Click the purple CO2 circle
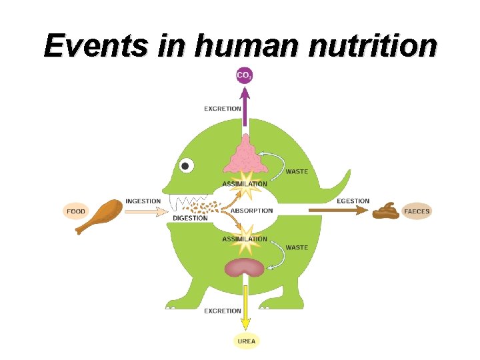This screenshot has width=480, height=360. tap(245, 75)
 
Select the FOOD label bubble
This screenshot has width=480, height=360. tap(76, 211)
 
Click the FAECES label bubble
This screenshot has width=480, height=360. tap(417, 211)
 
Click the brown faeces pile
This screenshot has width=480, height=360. tap(386, 211)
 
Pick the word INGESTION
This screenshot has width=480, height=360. tap(143, 201)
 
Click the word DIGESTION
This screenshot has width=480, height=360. tap(190, 218)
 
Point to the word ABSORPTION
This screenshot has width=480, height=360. tap(252, 211)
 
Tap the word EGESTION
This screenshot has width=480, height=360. tap(353, 201)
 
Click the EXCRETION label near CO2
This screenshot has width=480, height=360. tap(223, 109)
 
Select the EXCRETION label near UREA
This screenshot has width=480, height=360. tap(223, 311)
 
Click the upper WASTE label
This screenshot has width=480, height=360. tap(297, 171)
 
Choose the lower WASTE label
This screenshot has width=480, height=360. tap(297, 247)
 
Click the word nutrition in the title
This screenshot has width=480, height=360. tap(357, 46)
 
